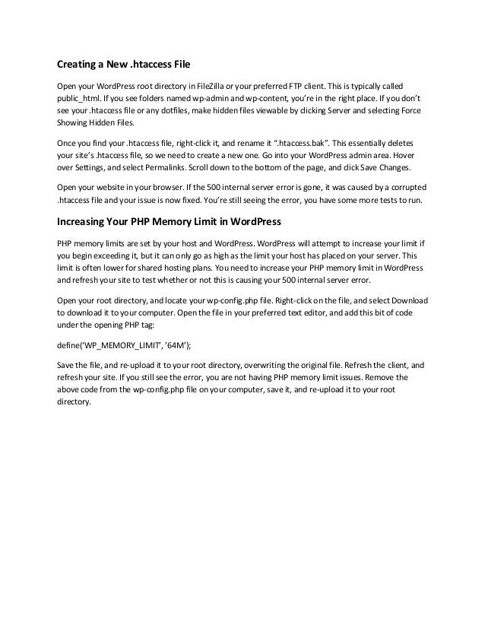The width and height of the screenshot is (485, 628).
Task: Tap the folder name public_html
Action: pos(78,98)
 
